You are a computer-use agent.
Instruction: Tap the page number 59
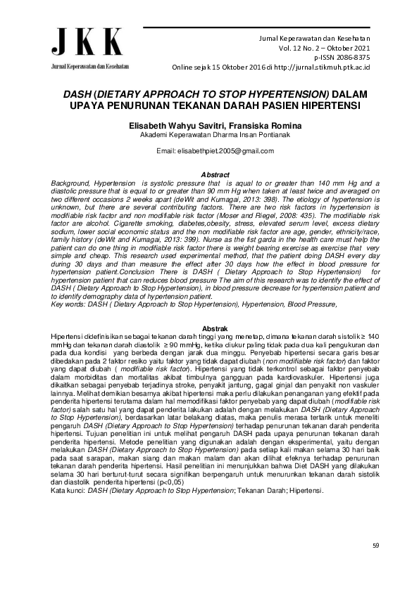(x=375, y=545)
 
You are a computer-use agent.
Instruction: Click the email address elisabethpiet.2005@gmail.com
(x=209, y=151)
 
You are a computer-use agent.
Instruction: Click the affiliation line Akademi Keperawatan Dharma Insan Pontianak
(x=209, y=134)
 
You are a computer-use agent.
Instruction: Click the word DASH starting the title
(x=78, y=94)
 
